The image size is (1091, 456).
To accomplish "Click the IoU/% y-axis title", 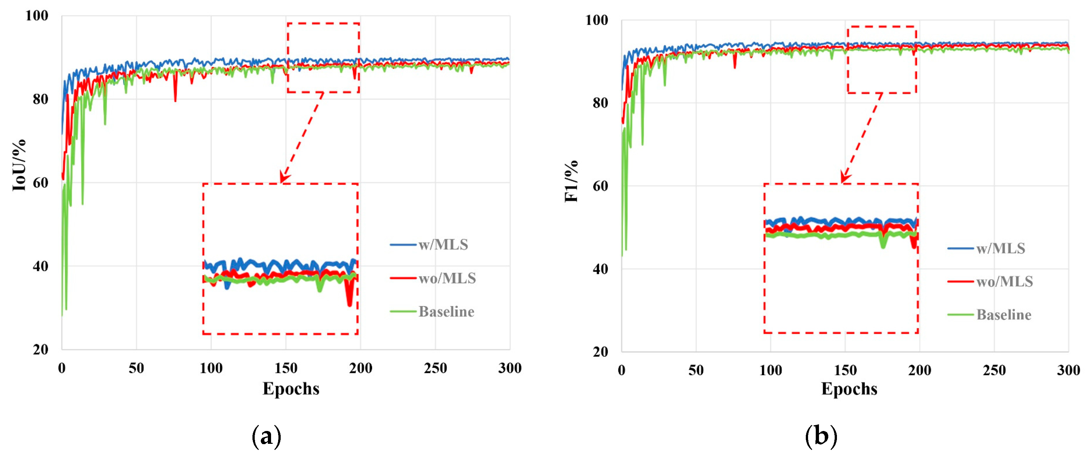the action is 19,165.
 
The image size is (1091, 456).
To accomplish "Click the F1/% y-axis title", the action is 571,181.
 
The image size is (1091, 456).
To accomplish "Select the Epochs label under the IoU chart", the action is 291,388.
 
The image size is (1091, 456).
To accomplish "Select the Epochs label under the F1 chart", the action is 849,388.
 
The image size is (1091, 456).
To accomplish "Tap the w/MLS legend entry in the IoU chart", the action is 443,245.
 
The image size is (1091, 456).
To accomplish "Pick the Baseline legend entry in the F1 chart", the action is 1003,315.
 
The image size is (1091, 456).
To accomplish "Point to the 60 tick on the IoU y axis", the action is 41,183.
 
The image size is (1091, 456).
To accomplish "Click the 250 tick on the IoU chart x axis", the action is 435,368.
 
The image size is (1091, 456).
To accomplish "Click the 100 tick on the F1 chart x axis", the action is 771,370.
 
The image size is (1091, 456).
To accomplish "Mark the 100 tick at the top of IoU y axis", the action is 37,16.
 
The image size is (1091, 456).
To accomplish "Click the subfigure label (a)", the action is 266,436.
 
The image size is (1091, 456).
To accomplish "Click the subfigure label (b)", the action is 821,436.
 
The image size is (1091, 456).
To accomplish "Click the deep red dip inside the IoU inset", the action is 349,300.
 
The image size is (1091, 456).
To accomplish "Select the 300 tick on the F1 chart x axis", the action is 1068,370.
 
